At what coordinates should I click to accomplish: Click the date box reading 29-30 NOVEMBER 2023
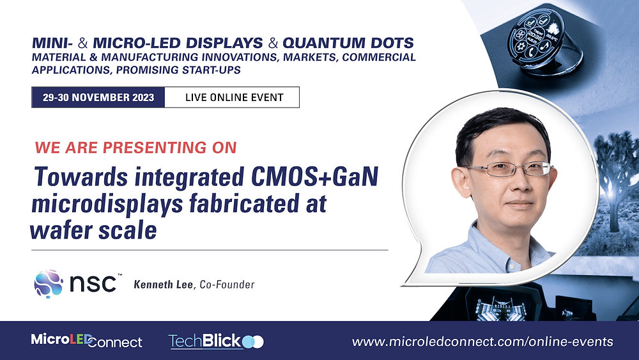(x=98, y=98)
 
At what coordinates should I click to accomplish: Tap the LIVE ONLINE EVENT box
(x=233, y=98)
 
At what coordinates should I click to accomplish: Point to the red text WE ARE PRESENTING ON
(x=135, y=148)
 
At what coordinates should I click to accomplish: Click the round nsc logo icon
(x=49, y=283)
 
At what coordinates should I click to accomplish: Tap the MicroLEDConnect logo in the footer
(x=87, y=341)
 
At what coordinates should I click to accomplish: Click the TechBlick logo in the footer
(x=215, y=341)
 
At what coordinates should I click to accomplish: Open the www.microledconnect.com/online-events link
(x=482, y=341)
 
